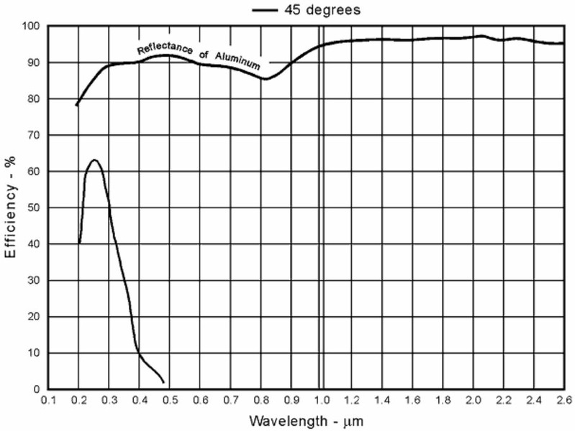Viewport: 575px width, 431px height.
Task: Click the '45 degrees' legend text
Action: coord(317,10)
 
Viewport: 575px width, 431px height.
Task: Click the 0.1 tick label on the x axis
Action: coord(48,400)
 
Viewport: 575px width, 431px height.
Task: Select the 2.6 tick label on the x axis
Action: coord(563,400)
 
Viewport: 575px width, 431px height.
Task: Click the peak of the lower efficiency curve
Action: coord(94,159)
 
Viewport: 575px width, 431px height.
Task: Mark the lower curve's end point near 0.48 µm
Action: coord(164,382)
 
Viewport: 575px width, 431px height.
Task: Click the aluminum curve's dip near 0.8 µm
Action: coord(265,79)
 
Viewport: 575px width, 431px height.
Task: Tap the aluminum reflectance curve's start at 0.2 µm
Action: coord(76,106)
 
